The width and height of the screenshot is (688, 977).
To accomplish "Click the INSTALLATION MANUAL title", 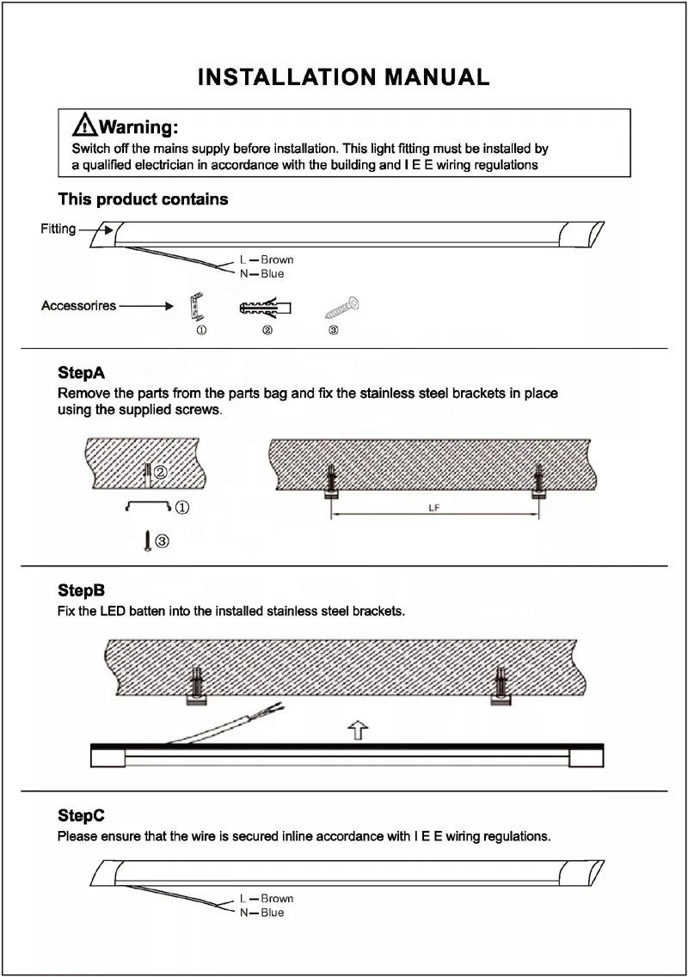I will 344,76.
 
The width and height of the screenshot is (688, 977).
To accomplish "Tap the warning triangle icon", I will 84,126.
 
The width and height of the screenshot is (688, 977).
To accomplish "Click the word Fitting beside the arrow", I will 58,229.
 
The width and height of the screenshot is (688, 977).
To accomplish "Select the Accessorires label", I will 78,306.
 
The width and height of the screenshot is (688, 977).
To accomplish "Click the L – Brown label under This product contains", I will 266,260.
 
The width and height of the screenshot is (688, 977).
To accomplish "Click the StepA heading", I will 81,374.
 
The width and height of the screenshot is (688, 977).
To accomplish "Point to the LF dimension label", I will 434,509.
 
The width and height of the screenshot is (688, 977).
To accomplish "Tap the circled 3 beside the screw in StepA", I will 162,540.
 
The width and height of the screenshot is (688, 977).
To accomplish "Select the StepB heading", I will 81,591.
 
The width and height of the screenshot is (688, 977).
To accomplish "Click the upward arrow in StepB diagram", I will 358,730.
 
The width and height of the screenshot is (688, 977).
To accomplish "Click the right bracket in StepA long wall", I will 537,484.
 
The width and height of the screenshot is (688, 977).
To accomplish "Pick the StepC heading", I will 81,815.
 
